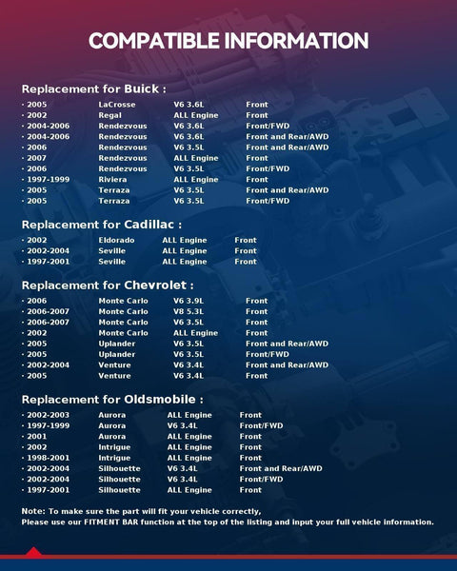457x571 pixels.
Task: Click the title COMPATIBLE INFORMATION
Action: coord(228,41)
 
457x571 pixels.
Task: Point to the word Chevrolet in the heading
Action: coord(159,285)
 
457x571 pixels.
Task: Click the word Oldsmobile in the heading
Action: coord(164,399)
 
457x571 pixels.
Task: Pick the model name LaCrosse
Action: coord(116,105)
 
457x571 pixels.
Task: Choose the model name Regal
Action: coord(109,115)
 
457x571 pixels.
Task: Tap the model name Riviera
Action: coord(112,179)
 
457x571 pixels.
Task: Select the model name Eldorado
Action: coord(116,241)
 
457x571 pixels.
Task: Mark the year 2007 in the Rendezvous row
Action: coord(37,158)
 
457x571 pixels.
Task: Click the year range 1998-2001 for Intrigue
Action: coord(46,458)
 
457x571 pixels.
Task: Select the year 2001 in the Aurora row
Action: coord(37,437)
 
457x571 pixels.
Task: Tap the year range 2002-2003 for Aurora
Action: coord(46,415)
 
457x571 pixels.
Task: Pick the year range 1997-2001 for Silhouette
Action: coord(46,490)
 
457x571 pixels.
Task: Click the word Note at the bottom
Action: coord(31,512)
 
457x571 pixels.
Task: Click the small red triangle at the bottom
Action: coord(33,552)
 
